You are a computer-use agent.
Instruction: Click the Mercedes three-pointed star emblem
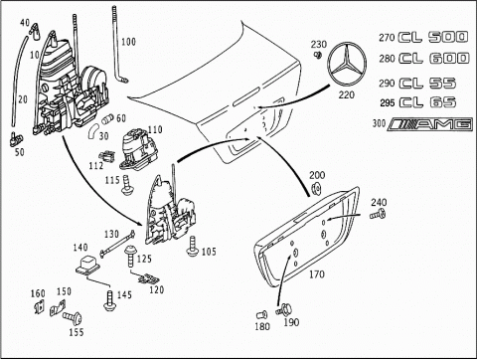coord(347,64)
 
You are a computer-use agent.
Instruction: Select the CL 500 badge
coord(433,37)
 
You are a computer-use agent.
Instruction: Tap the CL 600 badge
coord(434,59)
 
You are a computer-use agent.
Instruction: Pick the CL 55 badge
coord(427,83)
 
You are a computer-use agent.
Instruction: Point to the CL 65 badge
coord(427,102)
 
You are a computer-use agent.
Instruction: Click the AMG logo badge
coord(430,124)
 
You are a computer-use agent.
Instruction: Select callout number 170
coord(317,274)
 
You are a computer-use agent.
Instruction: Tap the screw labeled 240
coord(378,215)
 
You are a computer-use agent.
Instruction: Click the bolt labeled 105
coord(192,246)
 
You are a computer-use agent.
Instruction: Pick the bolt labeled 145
coord(109,300)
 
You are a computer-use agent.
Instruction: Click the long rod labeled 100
coord(118,44)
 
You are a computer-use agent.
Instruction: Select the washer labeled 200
coord(316,189)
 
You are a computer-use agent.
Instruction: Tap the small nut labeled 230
coord(317,55)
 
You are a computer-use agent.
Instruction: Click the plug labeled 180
coord(261,314)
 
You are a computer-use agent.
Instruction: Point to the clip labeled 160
coord(40,306)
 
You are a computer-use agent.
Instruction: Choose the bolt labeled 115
coord(127,185)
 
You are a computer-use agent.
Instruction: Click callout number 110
coord(155,129)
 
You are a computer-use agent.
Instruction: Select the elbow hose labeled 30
coord(93,131)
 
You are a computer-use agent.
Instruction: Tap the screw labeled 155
coord(72,317)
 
